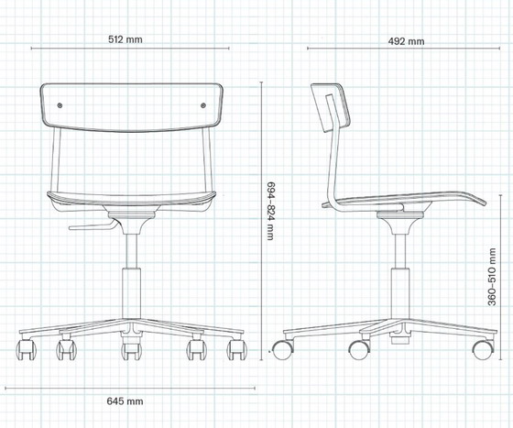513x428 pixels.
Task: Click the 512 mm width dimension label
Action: [127, 40]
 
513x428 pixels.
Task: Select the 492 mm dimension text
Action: [406, 41]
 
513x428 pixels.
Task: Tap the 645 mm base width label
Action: [125, 401]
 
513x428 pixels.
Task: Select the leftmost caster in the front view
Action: [25, 349]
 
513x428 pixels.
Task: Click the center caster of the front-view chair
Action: [129, 350]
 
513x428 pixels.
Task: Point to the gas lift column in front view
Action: [130, 284]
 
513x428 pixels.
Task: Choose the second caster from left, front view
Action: [66, 349]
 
